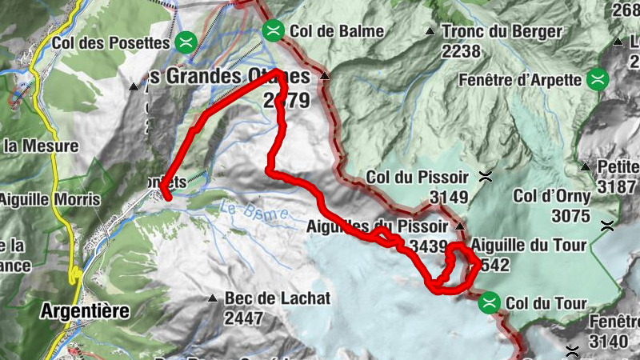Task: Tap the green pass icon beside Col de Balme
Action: point(273,30)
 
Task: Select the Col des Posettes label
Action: point(111,41)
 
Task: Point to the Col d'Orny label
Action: point(552,196)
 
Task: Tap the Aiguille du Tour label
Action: point(529,245)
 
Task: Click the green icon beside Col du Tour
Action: point(490,303)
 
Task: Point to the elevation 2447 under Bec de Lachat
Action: point(244,317)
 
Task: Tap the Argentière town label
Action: point(84,310)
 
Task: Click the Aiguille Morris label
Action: point(50,198)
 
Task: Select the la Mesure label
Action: point(41,146)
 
